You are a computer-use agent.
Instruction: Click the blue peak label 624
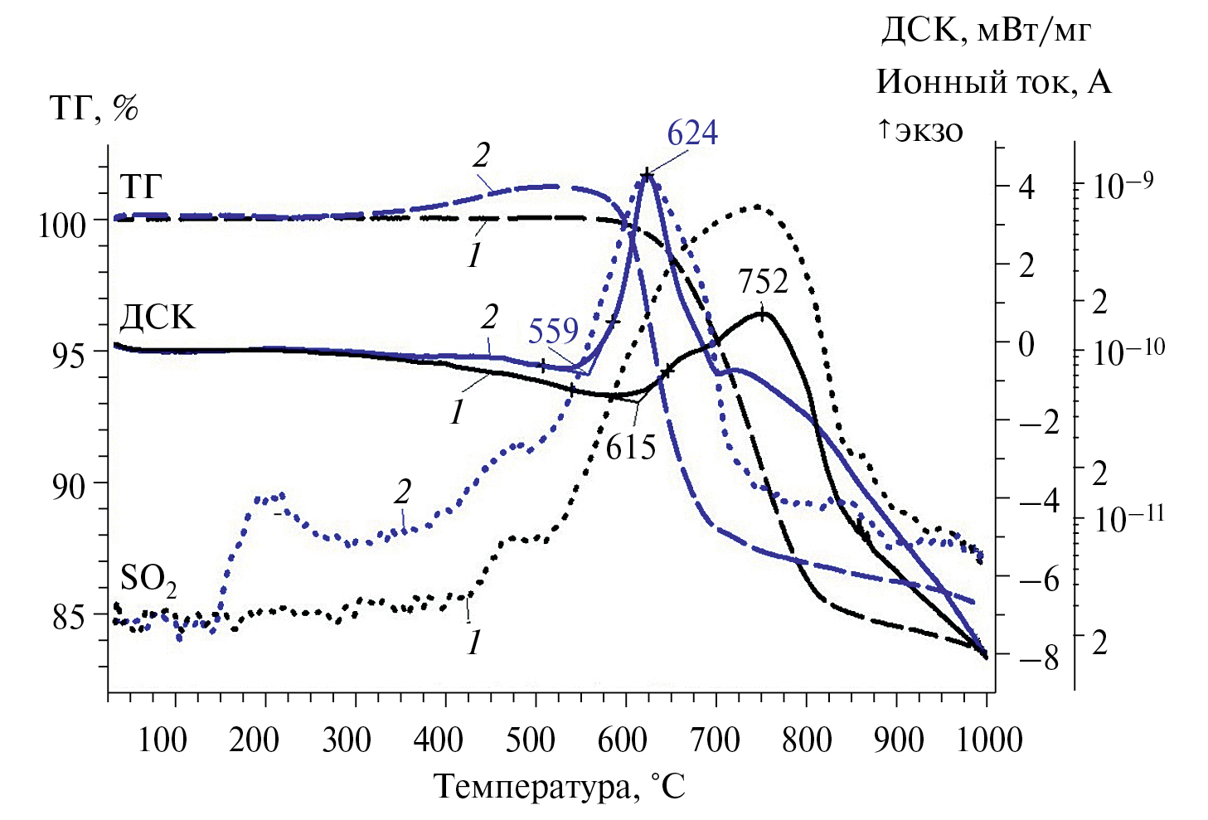click(692, 133)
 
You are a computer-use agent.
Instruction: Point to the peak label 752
click(763, 282)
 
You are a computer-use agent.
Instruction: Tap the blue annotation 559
click(553, 331)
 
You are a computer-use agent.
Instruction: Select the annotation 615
click(631, 448)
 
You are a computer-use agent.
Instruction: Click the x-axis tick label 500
click(530, 740)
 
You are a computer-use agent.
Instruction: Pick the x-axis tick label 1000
click(989, 740)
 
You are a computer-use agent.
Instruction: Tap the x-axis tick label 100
click(163, 740)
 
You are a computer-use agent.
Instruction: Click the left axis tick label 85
click(69, 617)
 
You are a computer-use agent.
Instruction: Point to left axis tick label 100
click(62, 225)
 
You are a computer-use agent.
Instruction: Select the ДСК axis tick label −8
click(1039, 659)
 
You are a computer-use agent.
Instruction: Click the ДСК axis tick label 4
click(1026, 187)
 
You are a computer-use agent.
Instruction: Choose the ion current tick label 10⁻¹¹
click(1128, 518)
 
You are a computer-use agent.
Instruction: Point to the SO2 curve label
click(148, 580)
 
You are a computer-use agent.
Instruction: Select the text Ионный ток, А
click(993, 81)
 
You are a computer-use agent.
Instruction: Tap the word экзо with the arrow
click(921, 130)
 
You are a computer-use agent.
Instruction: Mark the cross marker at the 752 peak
click(762, 314)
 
